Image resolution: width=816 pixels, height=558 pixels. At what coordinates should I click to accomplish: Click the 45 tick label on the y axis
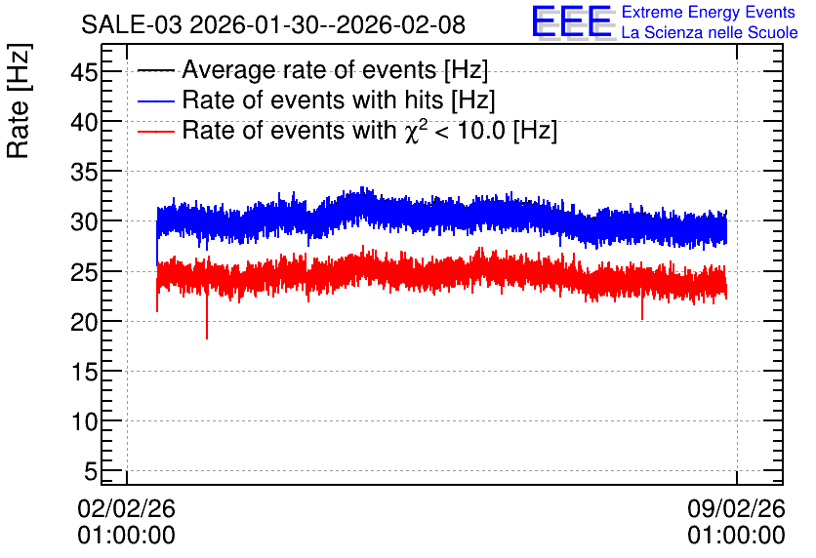[x=84, y=72]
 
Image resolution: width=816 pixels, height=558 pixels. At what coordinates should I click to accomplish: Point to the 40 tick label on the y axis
[x=84, y=123]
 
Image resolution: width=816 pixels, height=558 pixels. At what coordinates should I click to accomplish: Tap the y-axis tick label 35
[x=84, y=172]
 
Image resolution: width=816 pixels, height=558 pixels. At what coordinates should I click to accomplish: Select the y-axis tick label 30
[x=84, y=222]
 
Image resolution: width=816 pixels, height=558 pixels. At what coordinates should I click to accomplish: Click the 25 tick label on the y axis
[x=84, y=272]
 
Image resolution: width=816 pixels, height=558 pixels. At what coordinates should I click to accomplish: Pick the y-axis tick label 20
[x=84, y=323]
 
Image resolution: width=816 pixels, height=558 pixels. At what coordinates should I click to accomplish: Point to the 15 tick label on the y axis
[x=84, y=372]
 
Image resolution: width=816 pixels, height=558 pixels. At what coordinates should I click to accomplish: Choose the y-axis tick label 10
[x=84, y=421]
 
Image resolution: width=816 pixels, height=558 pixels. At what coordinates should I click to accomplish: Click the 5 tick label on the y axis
[x=91, y=472]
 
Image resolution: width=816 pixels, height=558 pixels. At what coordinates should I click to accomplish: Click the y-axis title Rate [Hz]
[x=19, y=100]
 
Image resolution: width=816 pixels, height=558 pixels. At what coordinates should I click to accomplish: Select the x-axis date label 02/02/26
[x=127, y=508]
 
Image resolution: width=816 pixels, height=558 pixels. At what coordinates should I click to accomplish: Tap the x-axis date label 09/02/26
[x=736, y=508]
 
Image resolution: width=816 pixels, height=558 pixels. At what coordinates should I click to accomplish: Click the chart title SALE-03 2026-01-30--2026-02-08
[x=273, y=24]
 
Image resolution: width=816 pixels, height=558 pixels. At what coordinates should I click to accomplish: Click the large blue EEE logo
[x=572, y=21]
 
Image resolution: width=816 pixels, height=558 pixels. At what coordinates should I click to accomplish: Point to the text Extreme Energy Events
[x=709, y=12]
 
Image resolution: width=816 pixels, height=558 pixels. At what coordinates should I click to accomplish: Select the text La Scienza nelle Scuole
[x=710, y=32]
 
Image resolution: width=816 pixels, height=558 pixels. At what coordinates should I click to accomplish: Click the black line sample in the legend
[x=155, y=70]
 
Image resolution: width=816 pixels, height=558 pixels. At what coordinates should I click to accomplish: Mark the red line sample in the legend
[x=155, y=132]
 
